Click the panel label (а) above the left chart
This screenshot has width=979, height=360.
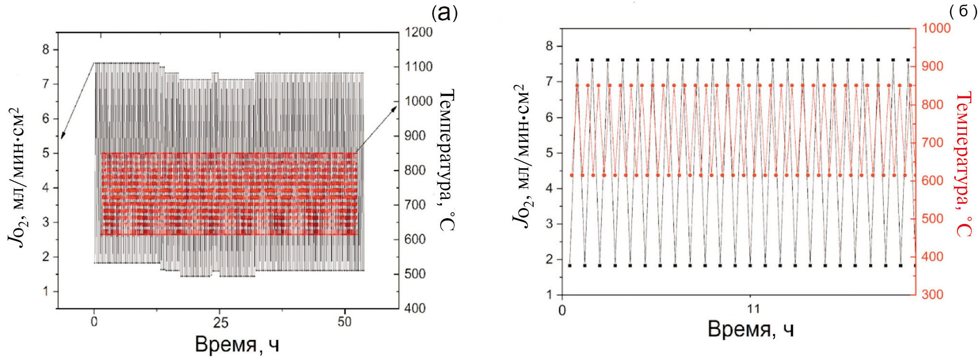[x=444, y=13]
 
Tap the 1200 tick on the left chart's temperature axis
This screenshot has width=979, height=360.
[x=419, y=32]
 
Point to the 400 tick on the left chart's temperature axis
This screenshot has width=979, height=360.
[x=415, y=308]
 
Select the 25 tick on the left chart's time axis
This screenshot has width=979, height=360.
[x=220, y=322]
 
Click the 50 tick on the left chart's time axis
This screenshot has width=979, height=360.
[x=344, y=322]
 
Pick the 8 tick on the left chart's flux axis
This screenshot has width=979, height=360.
[x=46, y=49]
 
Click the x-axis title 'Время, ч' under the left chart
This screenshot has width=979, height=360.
[x=237, y=345]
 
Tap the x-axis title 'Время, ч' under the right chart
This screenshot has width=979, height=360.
[x=750, y=329]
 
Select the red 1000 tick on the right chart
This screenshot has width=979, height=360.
[x=936, y=28]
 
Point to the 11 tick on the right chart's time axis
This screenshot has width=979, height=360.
[x=754, y=308]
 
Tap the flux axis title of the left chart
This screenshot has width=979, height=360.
[x=18, y=178]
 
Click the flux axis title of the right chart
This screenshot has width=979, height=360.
[x=521, y=155]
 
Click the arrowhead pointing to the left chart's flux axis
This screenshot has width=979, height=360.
[x=61, y=137]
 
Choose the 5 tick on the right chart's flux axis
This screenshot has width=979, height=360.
[x=549, y=152]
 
